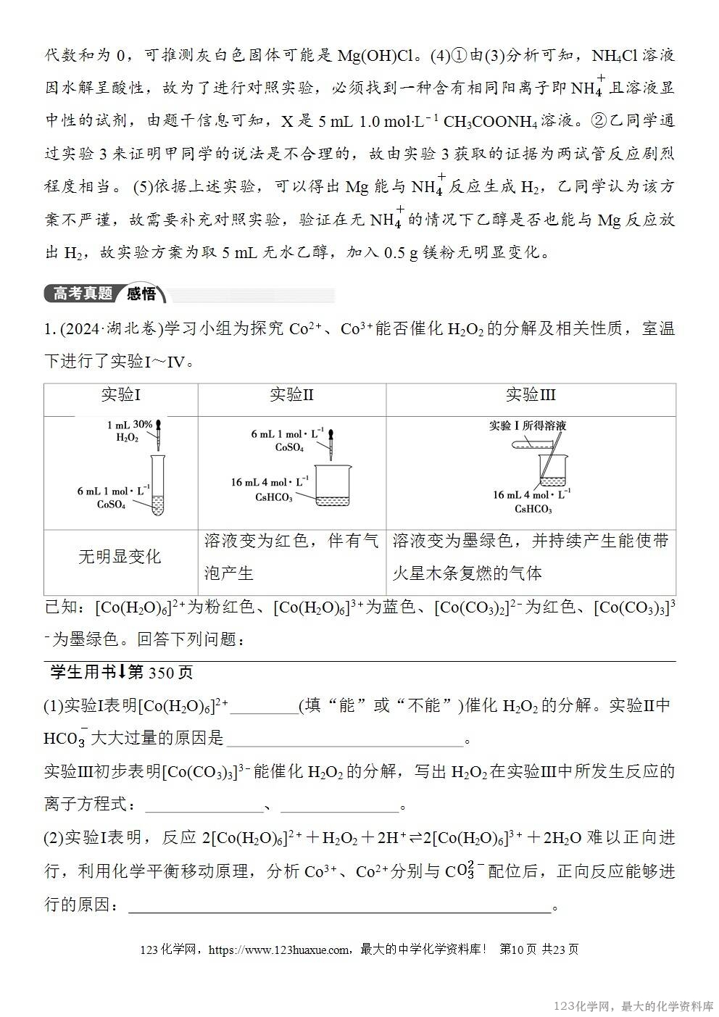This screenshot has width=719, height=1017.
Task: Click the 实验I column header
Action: [x=120, y=395]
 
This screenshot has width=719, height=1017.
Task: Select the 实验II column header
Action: [x=291, y=395]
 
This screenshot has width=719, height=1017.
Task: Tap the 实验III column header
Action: [x=531, y=395]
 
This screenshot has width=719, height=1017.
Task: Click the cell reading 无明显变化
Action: [x=120, y=557]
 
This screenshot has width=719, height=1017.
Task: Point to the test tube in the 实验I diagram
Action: [x=158, y=484]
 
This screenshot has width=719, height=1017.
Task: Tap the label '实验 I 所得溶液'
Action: [x=527, y=426]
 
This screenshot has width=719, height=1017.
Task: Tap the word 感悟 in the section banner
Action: [x=141, y=294]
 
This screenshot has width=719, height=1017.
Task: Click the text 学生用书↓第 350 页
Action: [x=121, y=673]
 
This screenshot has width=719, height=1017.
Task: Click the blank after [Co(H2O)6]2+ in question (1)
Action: [x=264, y=706]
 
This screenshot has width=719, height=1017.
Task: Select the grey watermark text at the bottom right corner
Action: [x=633, y=1006]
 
